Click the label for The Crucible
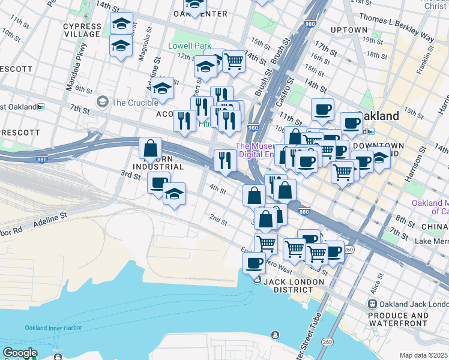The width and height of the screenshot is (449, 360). point(134,103)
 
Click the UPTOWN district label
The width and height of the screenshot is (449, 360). point(349,30)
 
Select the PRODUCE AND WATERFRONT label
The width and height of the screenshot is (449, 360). point(399,319)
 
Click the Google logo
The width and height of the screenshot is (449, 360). point(20,353)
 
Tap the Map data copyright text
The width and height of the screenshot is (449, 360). point(423,355)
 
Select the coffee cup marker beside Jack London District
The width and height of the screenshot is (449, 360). point(254,263)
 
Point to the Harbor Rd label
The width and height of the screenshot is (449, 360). point(11,230)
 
